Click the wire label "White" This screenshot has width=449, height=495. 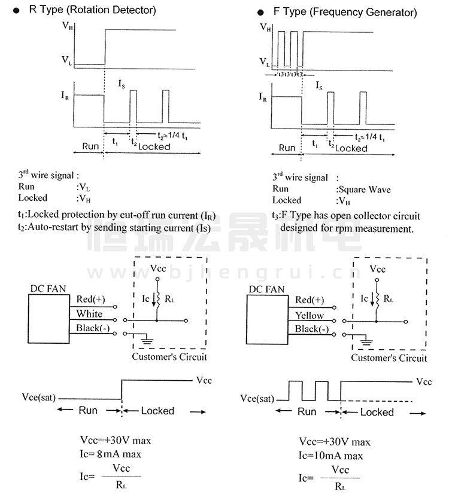(89, 314)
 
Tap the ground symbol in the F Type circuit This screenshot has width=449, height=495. (366, 343)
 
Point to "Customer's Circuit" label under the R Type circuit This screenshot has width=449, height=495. (169, 357)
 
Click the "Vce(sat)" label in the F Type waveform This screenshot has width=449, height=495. (256, 398)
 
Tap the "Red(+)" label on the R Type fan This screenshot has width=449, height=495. (90, 299)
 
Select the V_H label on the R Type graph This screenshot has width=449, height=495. (69, 27)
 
